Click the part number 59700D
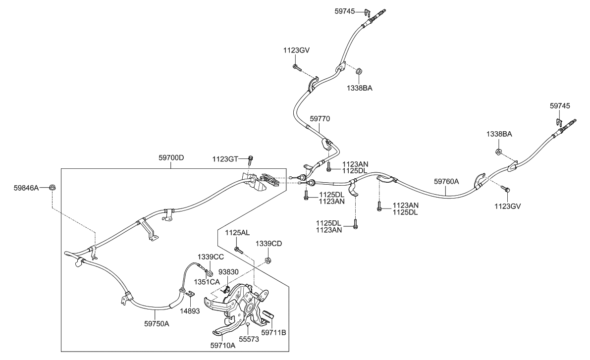pyautogui.click(x=171, y=158)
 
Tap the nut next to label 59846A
pyautogui.click(x=53, y=188)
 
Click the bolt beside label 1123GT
pyautogui.click(x=251, y=158)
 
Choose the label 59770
pyautogui.click(x=320, y=119)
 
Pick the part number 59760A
pyautogui.click(x=446, y=181)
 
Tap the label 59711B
pyautogui.click(x=273, y=333)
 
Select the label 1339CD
pyautogui.click(x=269, y=244)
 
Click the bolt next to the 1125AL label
pyautogui.click(x=238, y=249)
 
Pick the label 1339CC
pyautogui.click(x=211, y=257)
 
